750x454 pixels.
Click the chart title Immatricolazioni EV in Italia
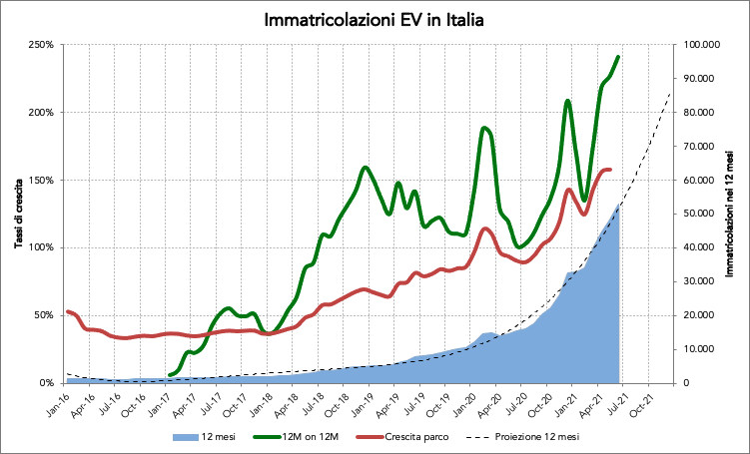(x=375, y=20)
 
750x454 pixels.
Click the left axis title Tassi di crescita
(x=18, y=213)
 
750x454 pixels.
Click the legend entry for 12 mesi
(x=219, y=436)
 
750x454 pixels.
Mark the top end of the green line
(x=619, y=57)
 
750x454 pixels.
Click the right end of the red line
(x=610, y=170)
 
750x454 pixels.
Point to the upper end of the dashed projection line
(x=669, y=92)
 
